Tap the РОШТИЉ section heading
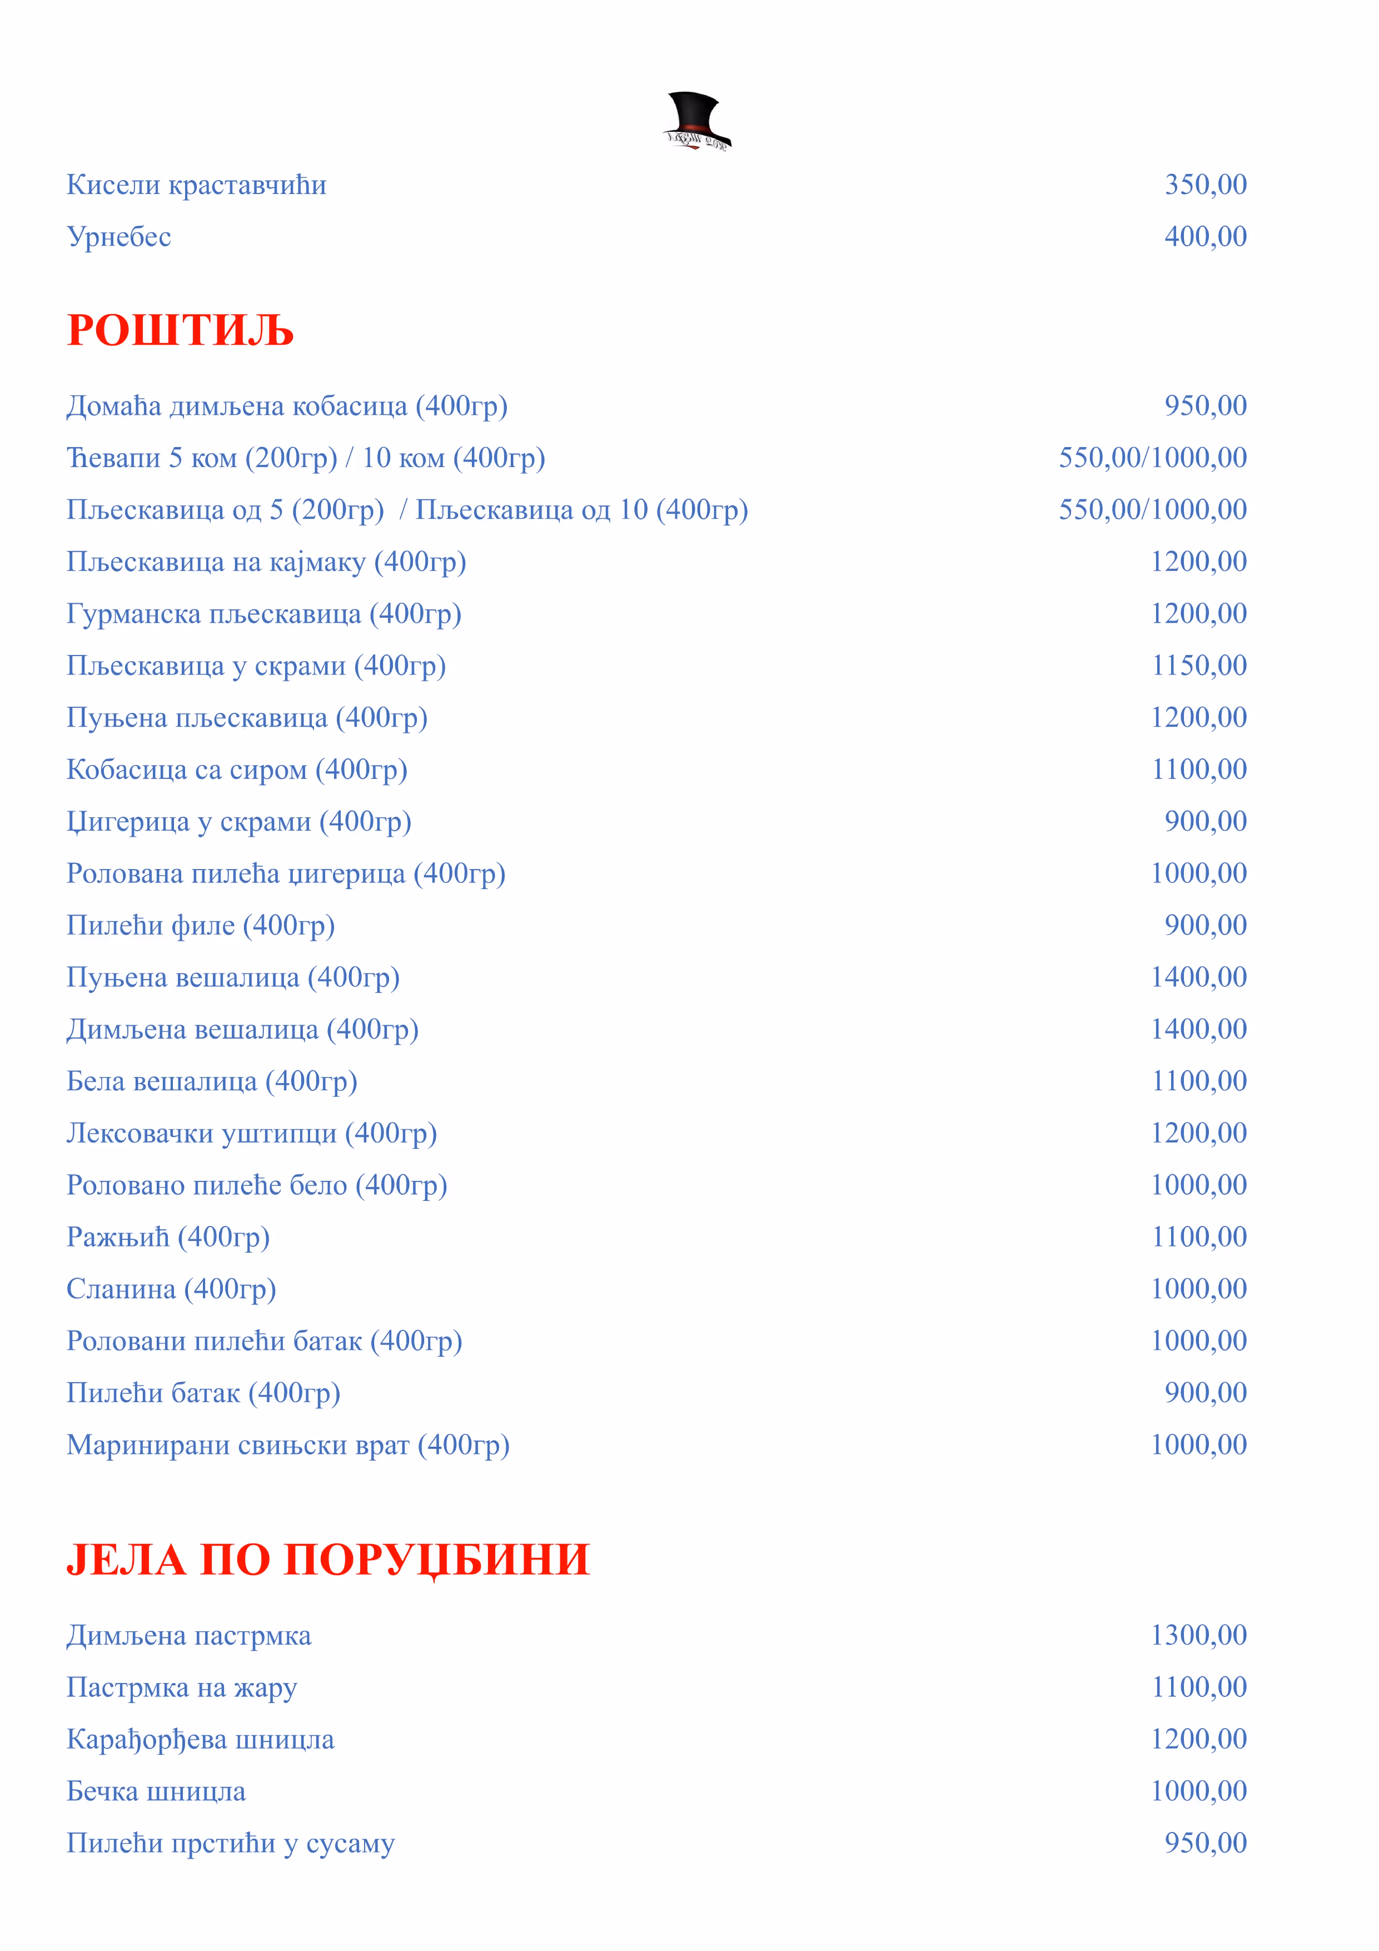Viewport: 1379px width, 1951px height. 180,331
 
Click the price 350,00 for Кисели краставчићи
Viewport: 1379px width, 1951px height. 1205,185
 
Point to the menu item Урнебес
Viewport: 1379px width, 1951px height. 119,236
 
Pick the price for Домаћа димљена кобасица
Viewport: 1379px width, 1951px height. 1205,405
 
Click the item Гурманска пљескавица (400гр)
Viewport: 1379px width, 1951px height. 263,613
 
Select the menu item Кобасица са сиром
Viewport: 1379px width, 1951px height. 237,769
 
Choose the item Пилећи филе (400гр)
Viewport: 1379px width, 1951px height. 201,925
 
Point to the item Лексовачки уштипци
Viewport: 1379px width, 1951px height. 251,1133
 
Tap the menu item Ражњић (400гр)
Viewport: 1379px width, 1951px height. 168,1237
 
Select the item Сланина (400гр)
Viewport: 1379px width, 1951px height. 172,1289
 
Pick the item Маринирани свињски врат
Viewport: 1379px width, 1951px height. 288,1444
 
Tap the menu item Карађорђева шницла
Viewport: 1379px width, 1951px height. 201,1739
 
